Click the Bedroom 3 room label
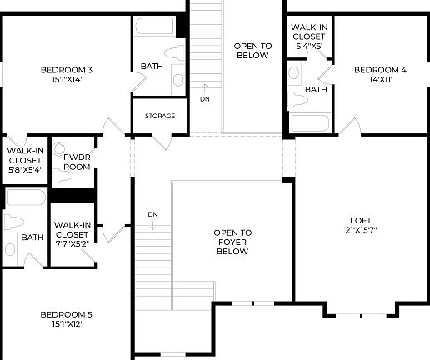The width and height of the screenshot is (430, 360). click(66, 70)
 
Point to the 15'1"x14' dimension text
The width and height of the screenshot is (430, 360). click(66, 81)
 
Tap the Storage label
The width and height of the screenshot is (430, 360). click(160, 116)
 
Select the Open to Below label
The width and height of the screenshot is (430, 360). click(252, 51)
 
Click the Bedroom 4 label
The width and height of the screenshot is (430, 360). click(380, 70)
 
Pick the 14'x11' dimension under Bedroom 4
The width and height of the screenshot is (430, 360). click(380, 80)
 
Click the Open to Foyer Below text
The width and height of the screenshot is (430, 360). click(232, 242)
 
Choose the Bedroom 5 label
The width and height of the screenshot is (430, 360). click(66, 314)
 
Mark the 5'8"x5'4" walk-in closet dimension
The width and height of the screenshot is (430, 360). click(24, 169)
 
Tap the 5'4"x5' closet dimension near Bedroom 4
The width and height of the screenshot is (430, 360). click(309, 47)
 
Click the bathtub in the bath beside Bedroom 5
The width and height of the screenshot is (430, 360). click(24, 198)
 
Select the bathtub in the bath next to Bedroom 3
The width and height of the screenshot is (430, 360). click(154, 27)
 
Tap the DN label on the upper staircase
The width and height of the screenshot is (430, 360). click(205, 99)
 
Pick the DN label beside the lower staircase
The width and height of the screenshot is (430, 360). click(152, 214)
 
